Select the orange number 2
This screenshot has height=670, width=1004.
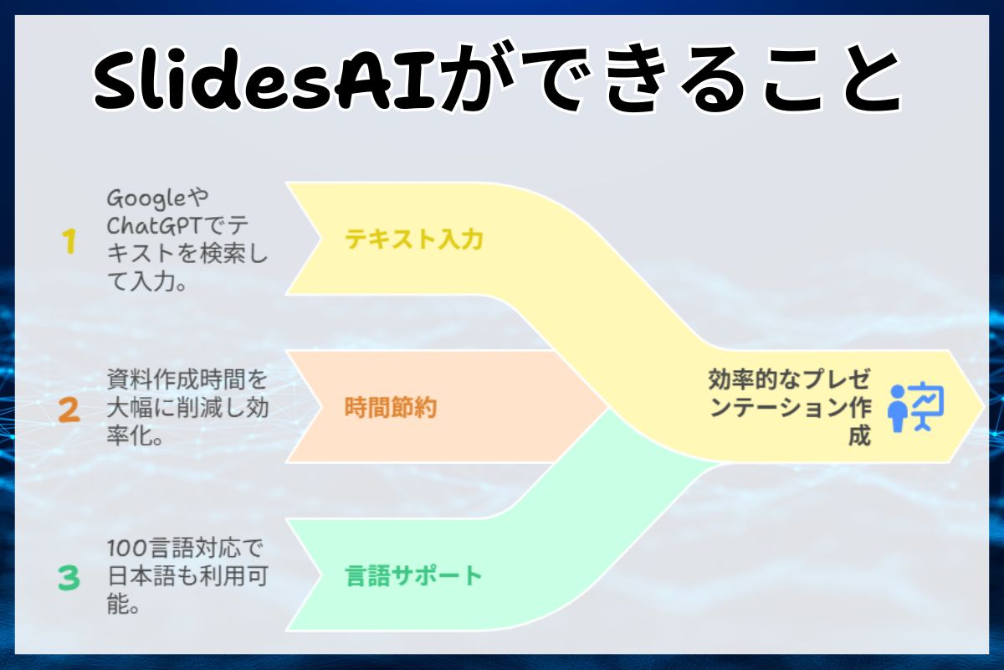(69, 410)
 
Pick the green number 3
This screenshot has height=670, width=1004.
(69, 578)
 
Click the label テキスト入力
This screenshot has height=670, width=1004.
(414, 240)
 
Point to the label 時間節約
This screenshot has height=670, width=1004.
(391, 408)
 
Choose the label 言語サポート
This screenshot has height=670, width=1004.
(414, 576)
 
